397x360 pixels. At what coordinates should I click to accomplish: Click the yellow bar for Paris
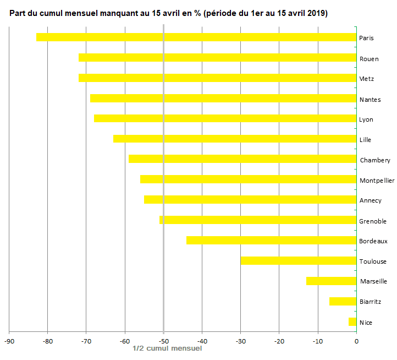196,37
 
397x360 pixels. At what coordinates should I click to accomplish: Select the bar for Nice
352,322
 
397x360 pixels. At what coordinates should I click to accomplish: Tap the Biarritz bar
343,302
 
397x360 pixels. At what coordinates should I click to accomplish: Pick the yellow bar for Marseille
331,281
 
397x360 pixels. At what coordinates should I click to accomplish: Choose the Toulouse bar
298,261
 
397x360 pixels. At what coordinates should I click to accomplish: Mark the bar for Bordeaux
271,241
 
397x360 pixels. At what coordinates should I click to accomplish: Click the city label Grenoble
373,221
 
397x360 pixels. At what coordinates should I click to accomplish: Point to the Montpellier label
377,181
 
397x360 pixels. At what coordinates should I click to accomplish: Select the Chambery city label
375,160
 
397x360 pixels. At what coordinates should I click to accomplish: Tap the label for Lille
366,140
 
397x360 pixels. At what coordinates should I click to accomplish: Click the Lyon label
366,119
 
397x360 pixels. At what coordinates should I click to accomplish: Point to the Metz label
367,79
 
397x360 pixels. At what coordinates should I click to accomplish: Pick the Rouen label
368,59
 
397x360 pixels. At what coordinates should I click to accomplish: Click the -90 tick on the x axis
9,341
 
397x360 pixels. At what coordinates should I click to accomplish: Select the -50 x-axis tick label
163,341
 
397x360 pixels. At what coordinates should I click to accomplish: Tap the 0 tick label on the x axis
356,341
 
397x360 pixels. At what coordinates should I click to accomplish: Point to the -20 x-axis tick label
279,341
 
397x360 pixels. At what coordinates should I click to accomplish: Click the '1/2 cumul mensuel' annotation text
168,348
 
